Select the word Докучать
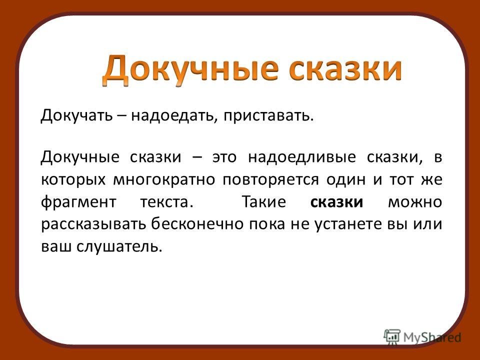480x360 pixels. tap(76, 115)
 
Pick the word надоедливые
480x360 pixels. tap(302, 157)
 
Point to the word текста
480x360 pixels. tap(167, 202)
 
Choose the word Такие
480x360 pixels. tap(263, 202)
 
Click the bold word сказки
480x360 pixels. tap(336, 202)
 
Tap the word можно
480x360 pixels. tap(415, 202)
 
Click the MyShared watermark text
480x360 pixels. tap(432, 337)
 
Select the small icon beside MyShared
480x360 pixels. tap(392, 336)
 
